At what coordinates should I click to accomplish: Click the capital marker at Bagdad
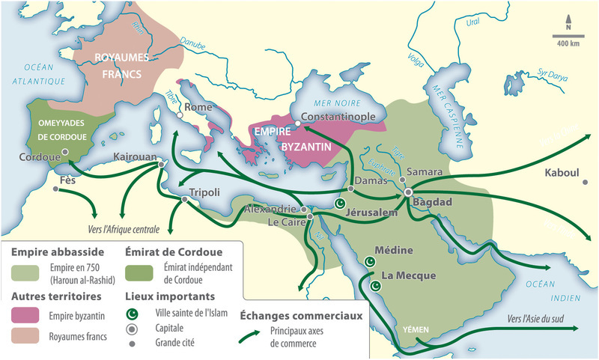click(x=409, y=192)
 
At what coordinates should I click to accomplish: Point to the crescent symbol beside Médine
click(x=368, y=261)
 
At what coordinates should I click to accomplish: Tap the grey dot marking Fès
click(x=56, y=189)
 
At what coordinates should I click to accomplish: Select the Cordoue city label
click(x=39, y=158)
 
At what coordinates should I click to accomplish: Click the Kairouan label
click(x=133, y=159)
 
